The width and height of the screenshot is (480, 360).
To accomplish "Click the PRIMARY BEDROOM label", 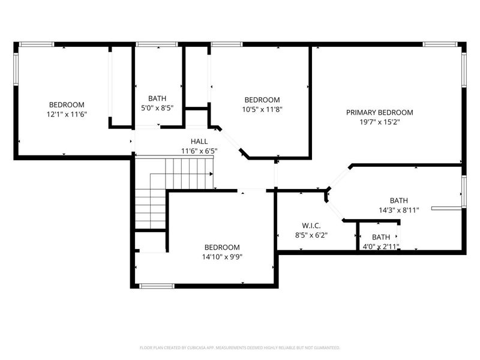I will pyautogui.click(x=379, y=112).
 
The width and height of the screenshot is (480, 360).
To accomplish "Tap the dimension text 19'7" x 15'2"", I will pyautogui.click(x=379, y=122).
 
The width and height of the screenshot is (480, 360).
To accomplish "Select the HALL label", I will pyautogui.click(x=199, y=141).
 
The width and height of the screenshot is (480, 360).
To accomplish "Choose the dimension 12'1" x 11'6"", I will pyautogui.click(x=67, y=114).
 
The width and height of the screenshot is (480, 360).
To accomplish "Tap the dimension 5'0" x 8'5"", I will pyautogui.click(x=157, y=109).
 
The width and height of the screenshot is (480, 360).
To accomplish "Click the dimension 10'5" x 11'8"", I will pyautogui.click(x=262, y=109).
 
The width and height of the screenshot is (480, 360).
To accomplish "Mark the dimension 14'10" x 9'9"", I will pyautogui.click(x=221, y=257).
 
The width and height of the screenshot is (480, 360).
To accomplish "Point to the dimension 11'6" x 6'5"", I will pyautogui.click(x=199, y=151).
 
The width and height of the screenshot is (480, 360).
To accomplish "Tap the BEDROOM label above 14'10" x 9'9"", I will pyautogui.click(x=221, y=247).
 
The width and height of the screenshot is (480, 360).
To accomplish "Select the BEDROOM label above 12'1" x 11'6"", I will pyautogui.click(x=67, y=104).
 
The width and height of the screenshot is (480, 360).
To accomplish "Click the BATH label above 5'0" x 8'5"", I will pyautogui.click(x=157, y=98).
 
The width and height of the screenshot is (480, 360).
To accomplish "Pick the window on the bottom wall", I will pyautogui.click(x=157, y=286).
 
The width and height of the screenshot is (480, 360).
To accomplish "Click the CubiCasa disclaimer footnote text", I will pyautogui.click(x=240, y=347).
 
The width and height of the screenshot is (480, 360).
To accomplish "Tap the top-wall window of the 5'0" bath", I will pyautogui.click(x=157, y=44).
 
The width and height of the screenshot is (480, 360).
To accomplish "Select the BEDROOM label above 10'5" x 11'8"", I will pyautogui.click(x=262, y=100).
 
